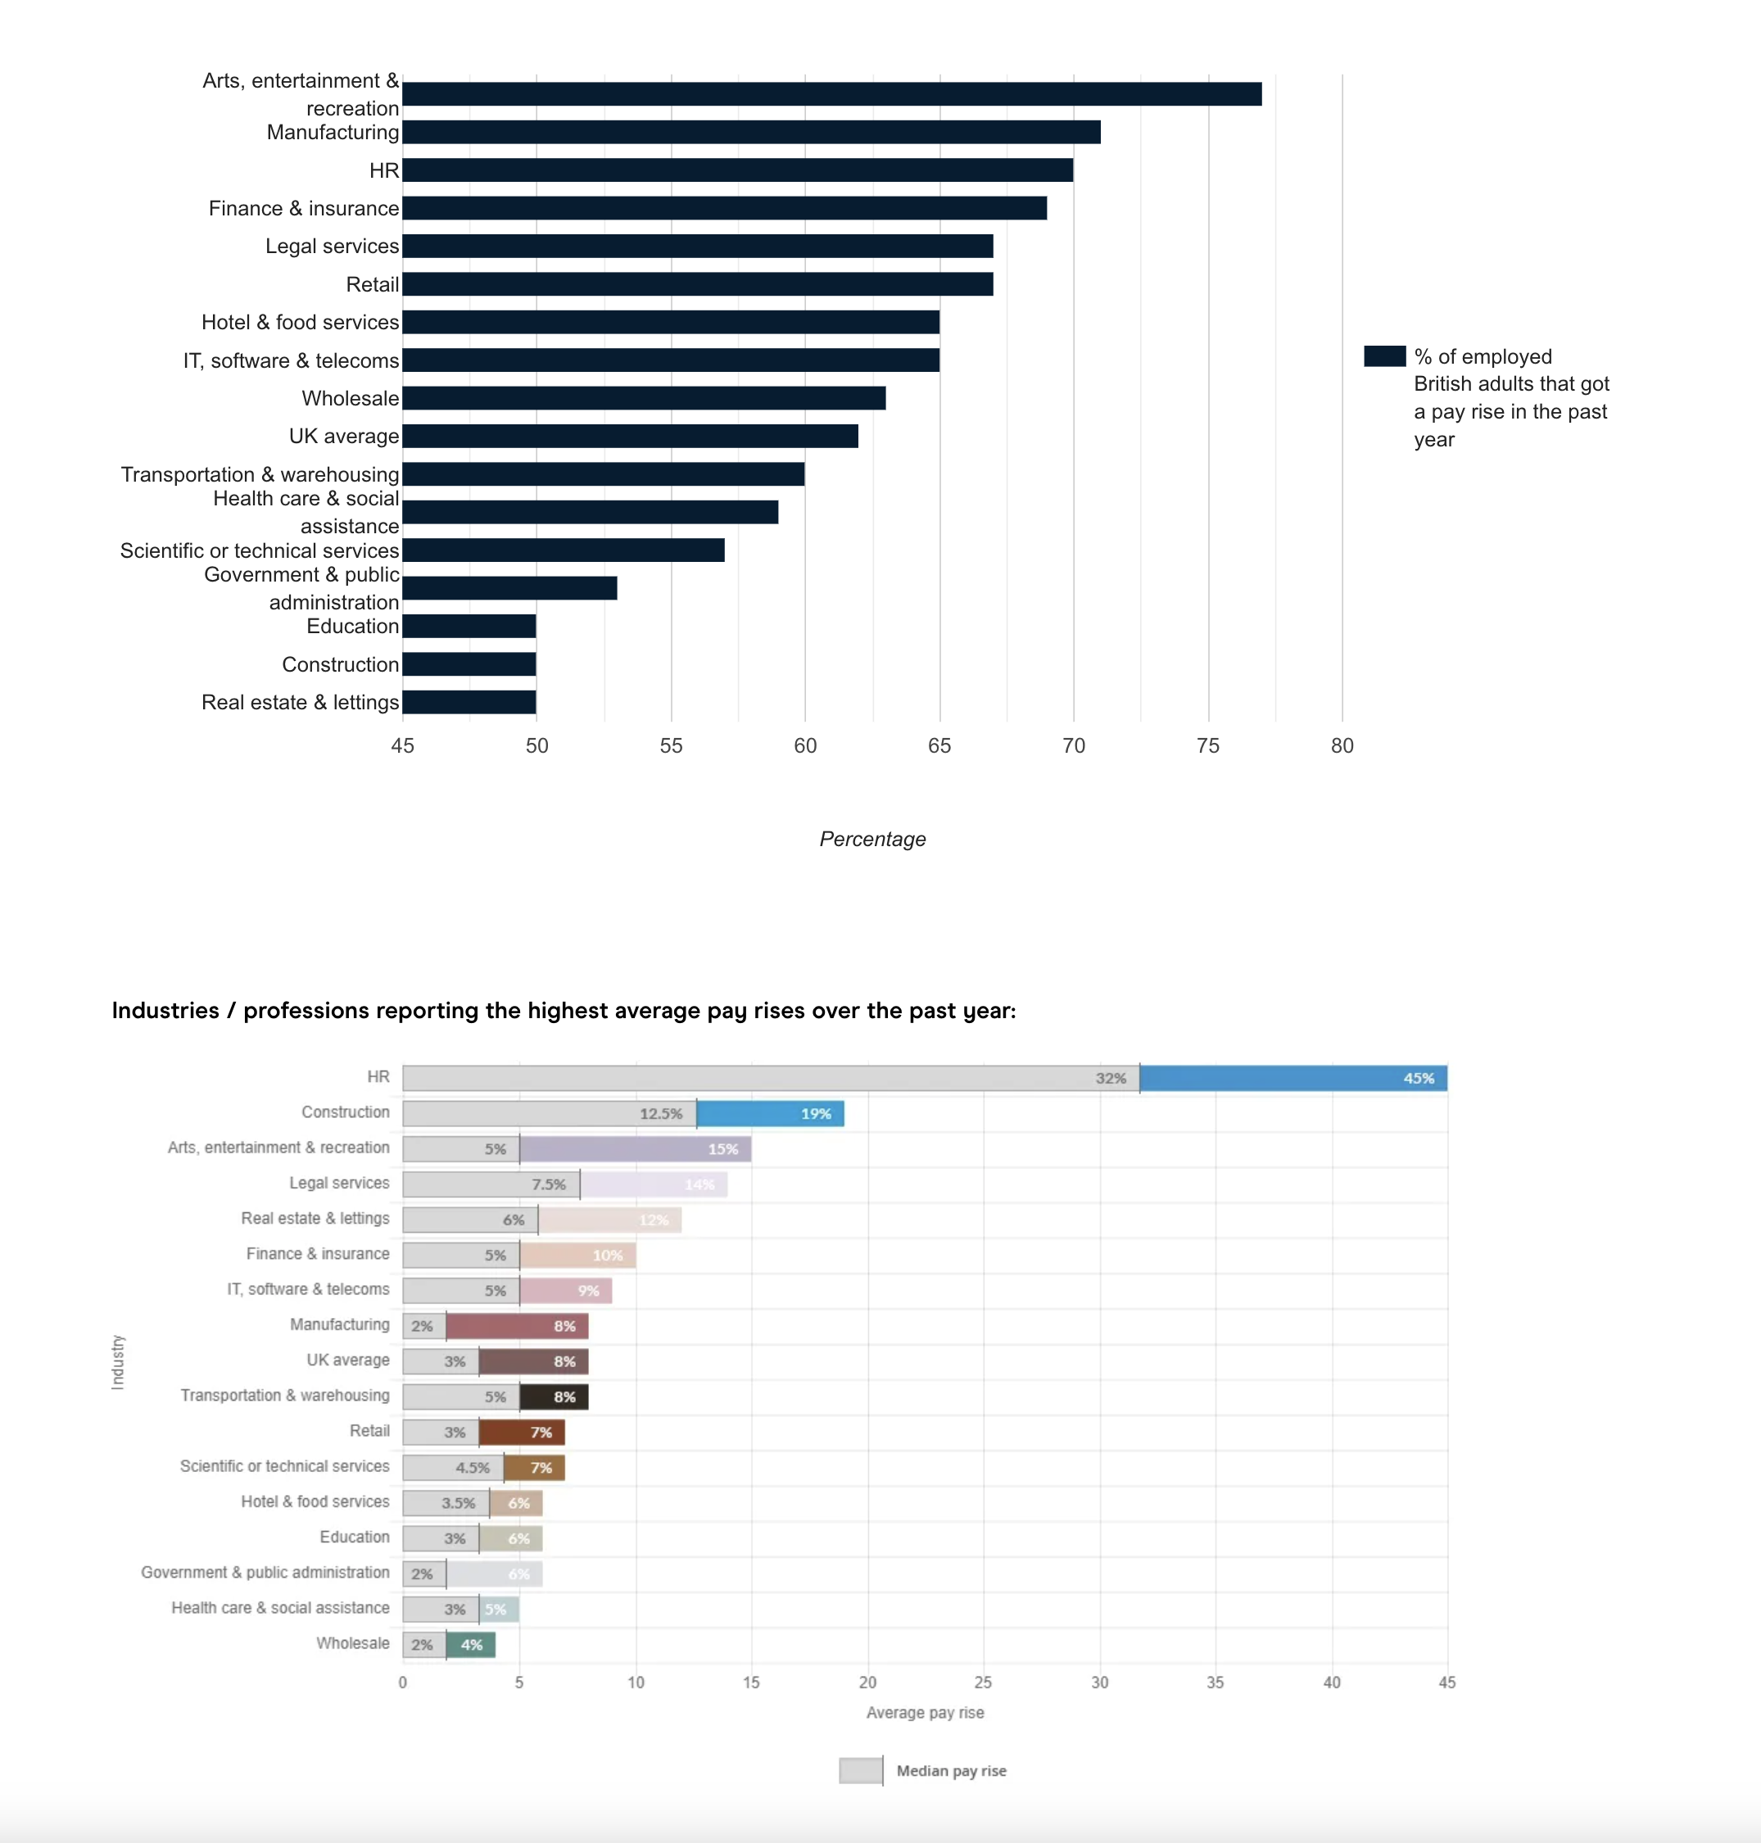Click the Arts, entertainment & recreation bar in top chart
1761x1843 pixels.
click(831, 94)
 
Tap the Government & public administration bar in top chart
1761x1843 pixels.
click(509, 588)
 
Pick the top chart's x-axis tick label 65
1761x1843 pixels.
click(939, 745)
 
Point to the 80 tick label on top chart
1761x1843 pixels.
click(1342, 745)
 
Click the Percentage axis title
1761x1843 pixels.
click(872, 839)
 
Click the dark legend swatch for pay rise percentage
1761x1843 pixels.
click(1383, 355)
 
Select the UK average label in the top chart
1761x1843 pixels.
click(343, 436)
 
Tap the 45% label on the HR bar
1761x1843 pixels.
click(1418, 1078)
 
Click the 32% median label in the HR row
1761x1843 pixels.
click(1111, 1078)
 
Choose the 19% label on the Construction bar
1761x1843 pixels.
click(815, 1113)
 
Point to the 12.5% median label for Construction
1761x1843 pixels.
click(661, 1113)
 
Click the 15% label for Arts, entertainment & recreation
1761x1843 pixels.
click(722, 1149)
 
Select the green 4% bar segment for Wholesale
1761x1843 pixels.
click(471, 1645)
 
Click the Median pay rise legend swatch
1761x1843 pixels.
click(860, 1771)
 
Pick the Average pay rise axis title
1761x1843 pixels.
click(925, 1713)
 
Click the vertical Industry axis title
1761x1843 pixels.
click(117, 1361)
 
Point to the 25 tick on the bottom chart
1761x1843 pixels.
click(983, 1682)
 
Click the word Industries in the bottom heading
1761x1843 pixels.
click(165, 1010)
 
